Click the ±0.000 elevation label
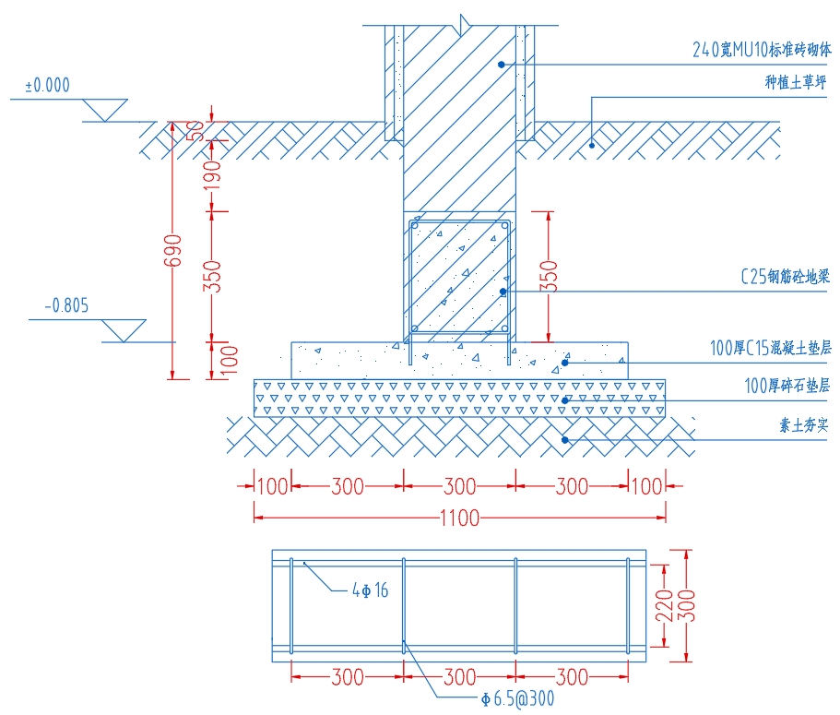pyautogui.click(x=47, y=86)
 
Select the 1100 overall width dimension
pyautogui.click(x=460, y=518)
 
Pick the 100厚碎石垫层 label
pyautogui.click(x=787, y=386)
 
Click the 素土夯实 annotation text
pyautogui.click(x=804, y=425)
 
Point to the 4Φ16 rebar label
pyautogui.click(x=370, y=590)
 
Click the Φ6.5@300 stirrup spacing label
pyautogui.click(x=516, y=698)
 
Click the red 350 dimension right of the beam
pyautogui.click(x=550, y=276)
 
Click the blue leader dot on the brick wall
pyautogui.click(x=501, y=64)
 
